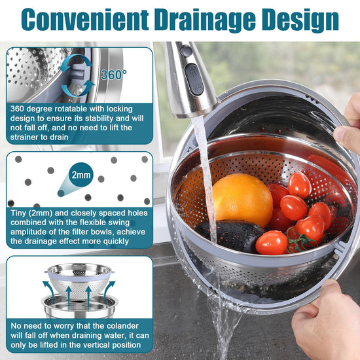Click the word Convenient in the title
click(x=85, y=20)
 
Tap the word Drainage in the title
click(x=205, y=21)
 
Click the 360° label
click(x=114, y=75)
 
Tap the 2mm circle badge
click(x=81, y=175)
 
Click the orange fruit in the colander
click(x=242, y=199)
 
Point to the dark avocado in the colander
click(x=230, y=236)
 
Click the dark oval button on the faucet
click(x=194, y=79)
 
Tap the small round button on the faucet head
click(x=185, y=51)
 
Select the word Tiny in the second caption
click(x=18, y=213)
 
